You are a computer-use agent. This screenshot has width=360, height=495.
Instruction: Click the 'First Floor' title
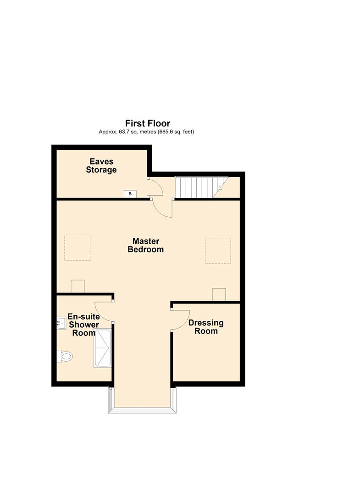pyautogui.click(x=148, y=123)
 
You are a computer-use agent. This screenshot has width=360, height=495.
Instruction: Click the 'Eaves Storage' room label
pyautogui.click(x=101, y=166)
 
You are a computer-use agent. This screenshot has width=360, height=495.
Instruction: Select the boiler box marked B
pyautogui.click(x=130, y=194)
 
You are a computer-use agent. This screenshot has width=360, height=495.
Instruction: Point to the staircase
pyautogui.click(x=201, y=187)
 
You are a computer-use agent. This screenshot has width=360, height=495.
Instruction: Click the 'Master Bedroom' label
pyautogui.click(x=145, y=245)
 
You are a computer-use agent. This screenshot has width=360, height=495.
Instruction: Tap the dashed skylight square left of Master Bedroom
pyautogui.click(x=78, y=247)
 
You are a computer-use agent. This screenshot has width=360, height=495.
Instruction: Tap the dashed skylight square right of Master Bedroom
pyautogui.click(x=218, y=251)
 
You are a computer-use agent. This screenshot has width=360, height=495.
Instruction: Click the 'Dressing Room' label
pyautogui.click(x=206, y=327)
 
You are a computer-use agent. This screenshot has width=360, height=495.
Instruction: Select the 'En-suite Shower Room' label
pyautogui.click(x=83, y=324)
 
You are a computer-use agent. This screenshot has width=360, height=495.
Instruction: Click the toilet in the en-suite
pyautogui.click(x=65, y=357)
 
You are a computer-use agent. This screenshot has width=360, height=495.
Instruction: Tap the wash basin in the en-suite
pyautogui.click(x=61, y=324)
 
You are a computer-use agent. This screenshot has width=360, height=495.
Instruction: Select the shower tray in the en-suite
pyautogui.click(x=102, y=348)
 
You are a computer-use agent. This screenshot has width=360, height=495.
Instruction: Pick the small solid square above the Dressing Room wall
pyautogui.click(x=219, y=295)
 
